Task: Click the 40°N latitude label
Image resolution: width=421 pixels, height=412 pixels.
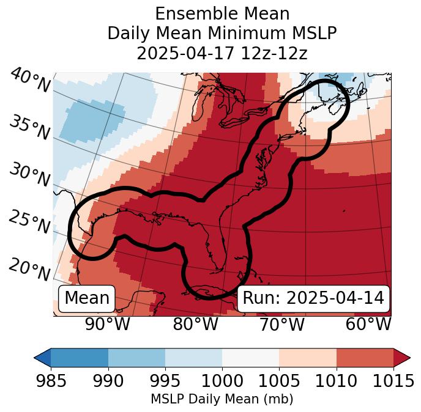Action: click(x=30, y=81)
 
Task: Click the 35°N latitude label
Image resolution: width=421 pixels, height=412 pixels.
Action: click(x=29, y=127)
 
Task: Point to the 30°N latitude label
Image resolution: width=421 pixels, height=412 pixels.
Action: click(x=29, y=175)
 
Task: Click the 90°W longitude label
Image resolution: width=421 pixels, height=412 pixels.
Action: click(x=108, y=325)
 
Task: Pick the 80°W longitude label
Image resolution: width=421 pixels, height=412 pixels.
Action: click(x=196, y=325)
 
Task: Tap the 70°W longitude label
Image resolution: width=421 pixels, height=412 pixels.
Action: click(x=282, y=325)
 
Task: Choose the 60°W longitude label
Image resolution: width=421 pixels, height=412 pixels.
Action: click(x=368, y=325)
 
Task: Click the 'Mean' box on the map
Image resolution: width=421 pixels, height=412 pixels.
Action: click(x=87, y=298)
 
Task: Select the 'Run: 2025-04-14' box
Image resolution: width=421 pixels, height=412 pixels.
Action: click(x=313, y=298)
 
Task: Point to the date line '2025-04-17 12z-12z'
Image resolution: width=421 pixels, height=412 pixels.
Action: click(x=222, y=53)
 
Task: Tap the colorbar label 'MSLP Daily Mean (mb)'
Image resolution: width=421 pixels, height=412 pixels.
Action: click(x=222, y=399)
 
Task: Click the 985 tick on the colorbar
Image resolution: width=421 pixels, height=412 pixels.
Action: click(x=51, y=381)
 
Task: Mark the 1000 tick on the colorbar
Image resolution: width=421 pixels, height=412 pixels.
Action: click(x=222, y=381)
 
